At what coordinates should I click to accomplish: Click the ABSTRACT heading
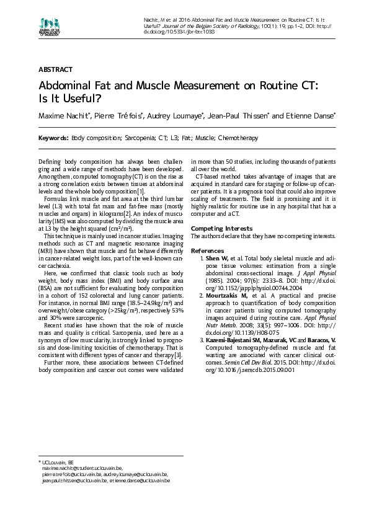click(x=55, y=69)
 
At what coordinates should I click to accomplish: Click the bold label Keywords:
click(x=53, y=138)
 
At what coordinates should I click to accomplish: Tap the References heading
click(x=207, y=250)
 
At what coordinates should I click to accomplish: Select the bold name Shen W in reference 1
click(x=216, y=257)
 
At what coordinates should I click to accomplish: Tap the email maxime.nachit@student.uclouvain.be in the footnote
click(x=82, y=469)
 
